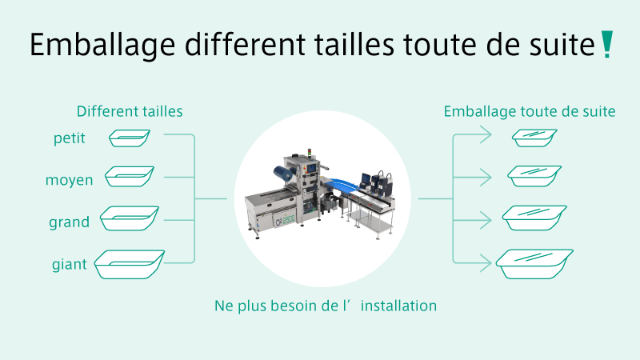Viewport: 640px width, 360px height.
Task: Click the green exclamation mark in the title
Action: pos(607,44)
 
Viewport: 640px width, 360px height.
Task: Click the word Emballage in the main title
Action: pos(102,46)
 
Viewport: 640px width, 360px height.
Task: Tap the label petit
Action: pos(70,138)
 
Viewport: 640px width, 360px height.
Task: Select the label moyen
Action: pos(70,180)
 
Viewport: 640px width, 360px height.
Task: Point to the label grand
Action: pos(70,222)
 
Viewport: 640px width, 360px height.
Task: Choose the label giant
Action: pos(70,264)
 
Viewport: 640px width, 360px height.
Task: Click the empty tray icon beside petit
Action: pos(130,138)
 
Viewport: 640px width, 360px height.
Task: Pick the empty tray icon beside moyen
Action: pos(130,177)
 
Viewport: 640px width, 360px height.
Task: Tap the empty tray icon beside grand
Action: pos(130,218)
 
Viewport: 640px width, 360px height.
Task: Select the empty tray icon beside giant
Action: pos(130,265)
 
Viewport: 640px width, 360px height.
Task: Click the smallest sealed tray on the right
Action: pos(534,138)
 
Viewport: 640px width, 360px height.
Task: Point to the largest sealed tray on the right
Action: pos(534,264)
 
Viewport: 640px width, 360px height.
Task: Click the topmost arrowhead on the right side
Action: pos(486,134)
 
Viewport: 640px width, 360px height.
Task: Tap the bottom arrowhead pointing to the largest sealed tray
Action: pos(486,263)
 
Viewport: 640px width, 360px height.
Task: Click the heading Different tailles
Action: pos(130,111)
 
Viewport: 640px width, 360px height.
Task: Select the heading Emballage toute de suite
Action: pos(530,112)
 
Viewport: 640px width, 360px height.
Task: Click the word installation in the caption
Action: pos(398,306)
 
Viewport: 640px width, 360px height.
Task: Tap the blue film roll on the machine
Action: pos(285,174)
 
